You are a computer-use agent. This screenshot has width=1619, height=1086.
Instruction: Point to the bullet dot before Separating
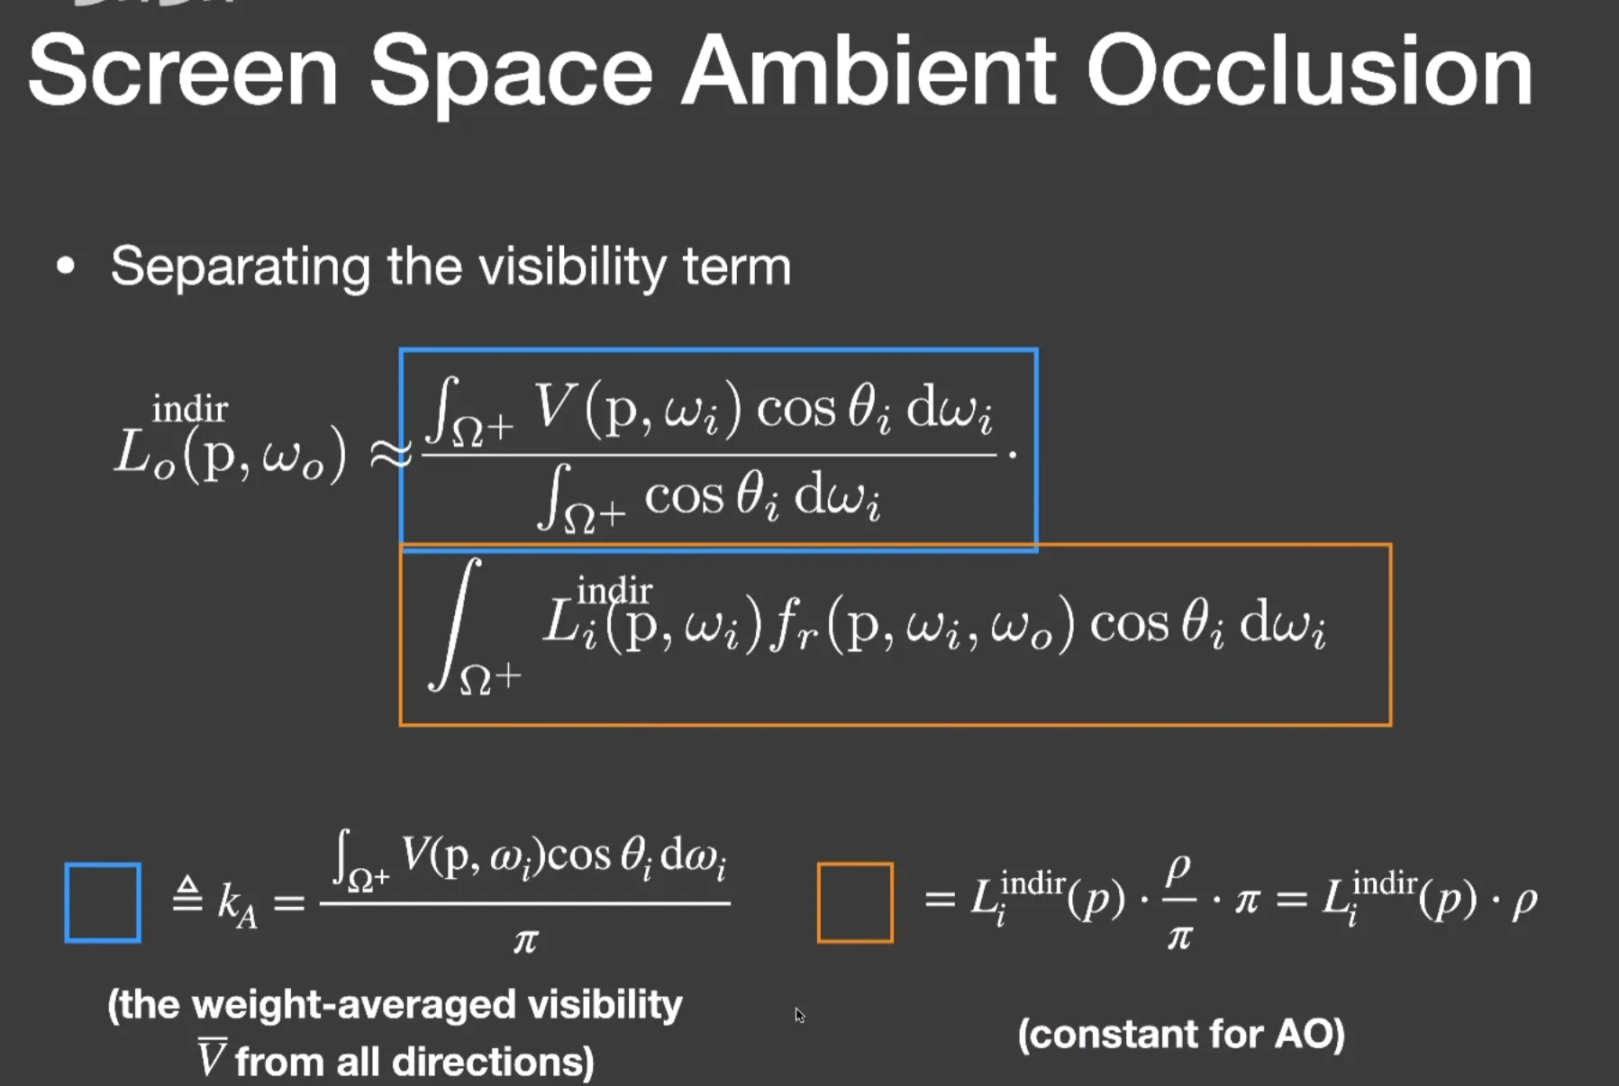point(65,267)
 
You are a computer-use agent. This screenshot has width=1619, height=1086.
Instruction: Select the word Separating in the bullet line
point(240,267)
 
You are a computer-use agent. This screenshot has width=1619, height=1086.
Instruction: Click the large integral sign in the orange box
point(457,623)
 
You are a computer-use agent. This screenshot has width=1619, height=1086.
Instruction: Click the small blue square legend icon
point(103,902)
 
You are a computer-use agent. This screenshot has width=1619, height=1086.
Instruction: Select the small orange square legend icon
point(855,902)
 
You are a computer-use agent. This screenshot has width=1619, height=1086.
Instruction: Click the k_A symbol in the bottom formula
point(237,902)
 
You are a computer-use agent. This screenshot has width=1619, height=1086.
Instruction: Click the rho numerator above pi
point(1178,870)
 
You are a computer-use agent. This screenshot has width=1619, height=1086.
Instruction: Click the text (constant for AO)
point(1181,1034)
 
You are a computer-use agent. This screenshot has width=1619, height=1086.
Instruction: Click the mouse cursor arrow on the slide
point(799,1015)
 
